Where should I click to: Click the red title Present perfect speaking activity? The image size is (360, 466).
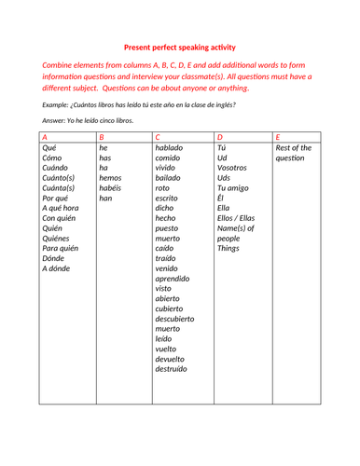(x=179, y=47)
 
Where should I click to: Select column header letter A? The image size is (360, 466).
(x=45, y=136)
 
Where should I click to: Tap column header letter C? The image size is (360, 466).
(x=159, y=136)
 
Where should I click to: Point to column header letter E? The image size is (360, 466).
(x=278, y=136)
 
